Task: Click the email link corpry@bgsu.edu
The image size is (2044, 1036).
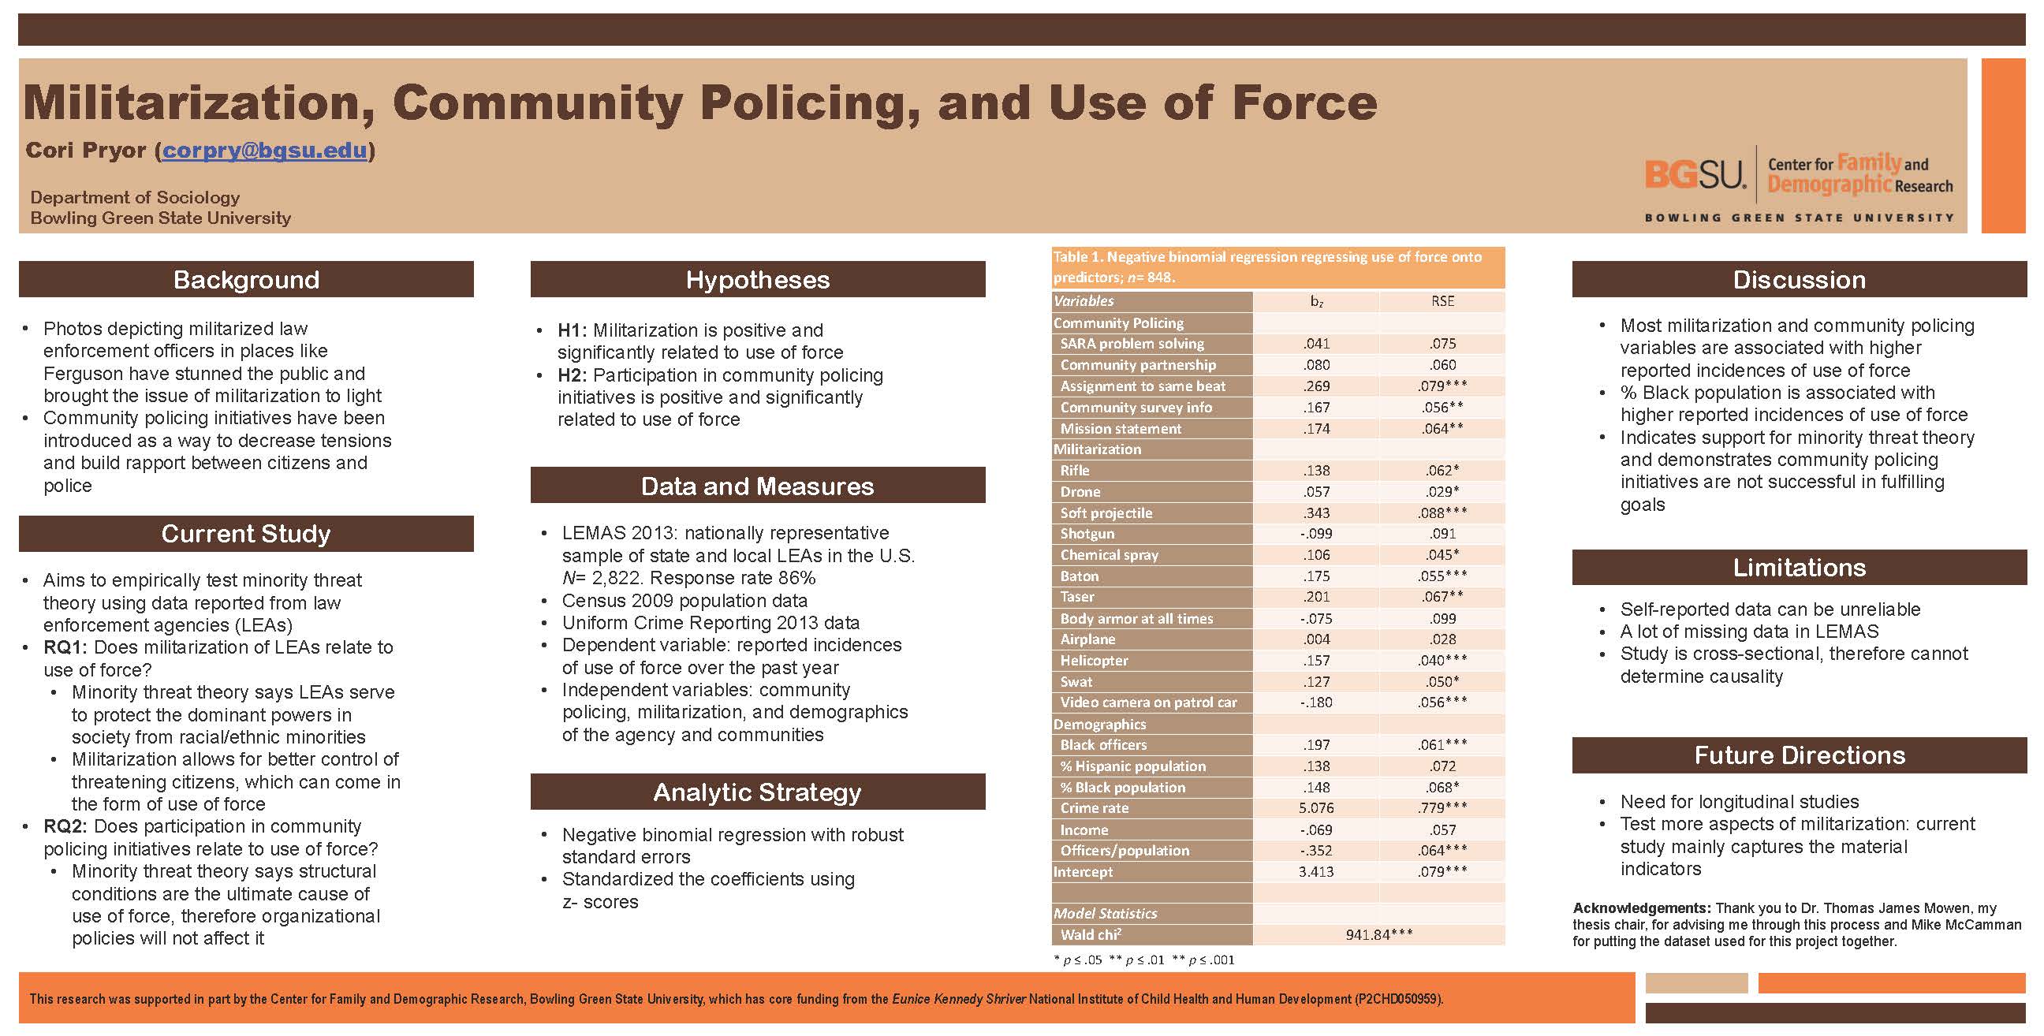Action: click(x=264, y=150)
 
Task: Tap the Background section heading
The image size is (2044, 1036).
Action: click(x=246, y=280)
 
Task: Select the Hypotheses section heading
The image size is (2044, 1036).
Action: click(x=757, y=280)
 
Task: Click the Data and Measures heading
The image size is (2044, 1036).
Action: click(x=757, y=486)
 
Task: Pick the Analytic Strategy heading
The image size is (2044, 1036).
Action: click(x=757, y=792)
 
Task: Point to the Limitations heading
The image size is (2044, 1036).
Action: click(x=1799, y=567)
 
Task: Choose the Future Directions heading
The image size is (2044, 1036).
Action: click(x=1799, y=755)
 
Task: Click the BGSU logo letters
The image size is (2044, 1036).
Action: click(x=1695, y=174)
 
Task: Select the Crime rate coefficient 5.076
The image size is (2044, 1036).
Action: click(x=1315, y=808)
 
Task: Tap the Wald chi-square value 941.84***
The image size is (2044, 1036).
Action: click(x=1379, y=935)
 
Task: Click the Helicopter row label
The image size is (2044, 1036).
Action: click(x=1095, y=661)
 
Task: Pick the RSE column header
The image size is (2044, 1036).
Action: click(x=1442, y=301)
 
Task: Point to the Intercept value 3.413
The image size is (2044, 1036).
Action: click(x=1315, y=872)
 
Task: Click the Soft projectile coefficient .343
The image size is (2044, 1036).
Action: click(x=1315, y=513)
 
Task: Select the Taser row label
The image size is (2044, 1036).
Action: click(x=1076, y=598)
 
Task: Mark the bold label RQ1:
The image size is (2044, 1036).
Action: click(x=65, y=647)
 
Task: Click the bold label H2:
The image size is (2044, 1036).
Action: click(x=572, y=375)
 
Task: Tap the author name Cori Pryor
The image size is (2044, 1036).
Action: click(x=86, y=150)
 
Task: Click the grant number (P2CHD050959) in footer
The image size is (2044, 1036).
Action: click(x=1398, y=999)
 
